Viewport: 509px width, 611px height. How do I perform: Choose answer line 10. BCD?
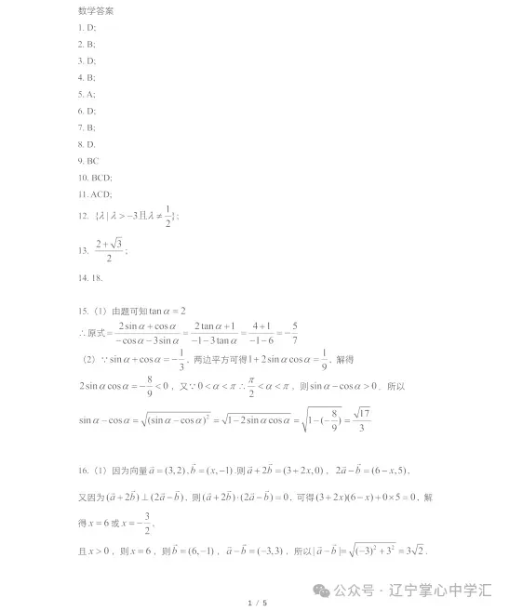95,177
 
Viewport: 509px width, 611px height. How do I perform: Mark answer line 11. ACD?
95,193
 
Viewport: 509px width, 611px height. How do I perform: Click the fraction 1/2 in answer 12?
168,216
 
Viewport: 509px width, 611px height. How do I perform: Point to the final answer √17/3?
363,420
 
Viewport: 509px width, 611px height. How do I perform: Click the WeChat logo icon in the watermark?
321,590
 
